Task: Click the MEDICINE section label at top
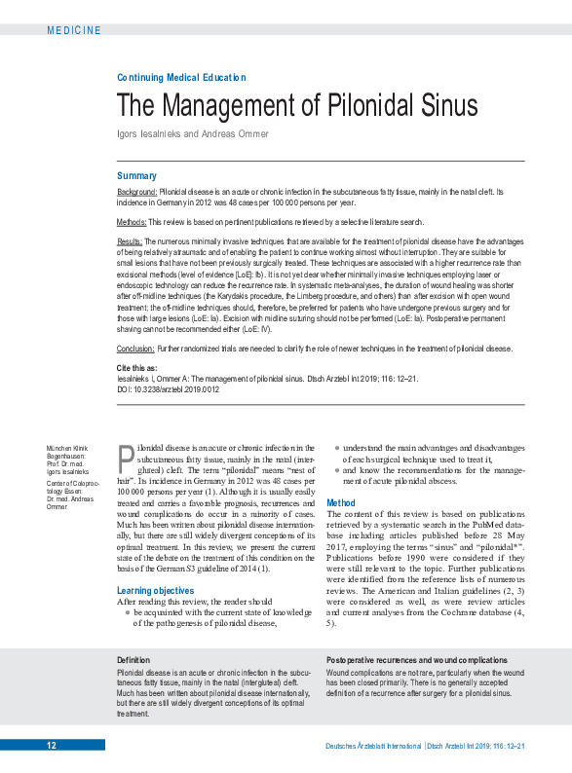(73, 30)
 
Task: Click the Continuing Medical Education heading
(181, 77)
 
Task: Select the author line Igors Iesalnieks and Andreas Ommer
(192, 133)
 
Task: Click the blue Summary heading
(136, 175)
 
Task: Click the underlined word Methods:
(132, 222)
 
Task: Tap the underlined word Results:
(131, 240)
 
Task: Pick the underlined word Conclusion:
(135, 348)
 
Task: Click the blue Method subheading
(341, 502)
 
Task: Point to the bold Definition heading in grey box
(133, 660)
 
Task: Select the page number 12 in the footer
(52, 746)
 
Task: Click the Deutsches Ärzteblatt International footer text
(373, 746)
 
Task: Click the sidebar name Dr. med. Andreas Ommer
(68, 500)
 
